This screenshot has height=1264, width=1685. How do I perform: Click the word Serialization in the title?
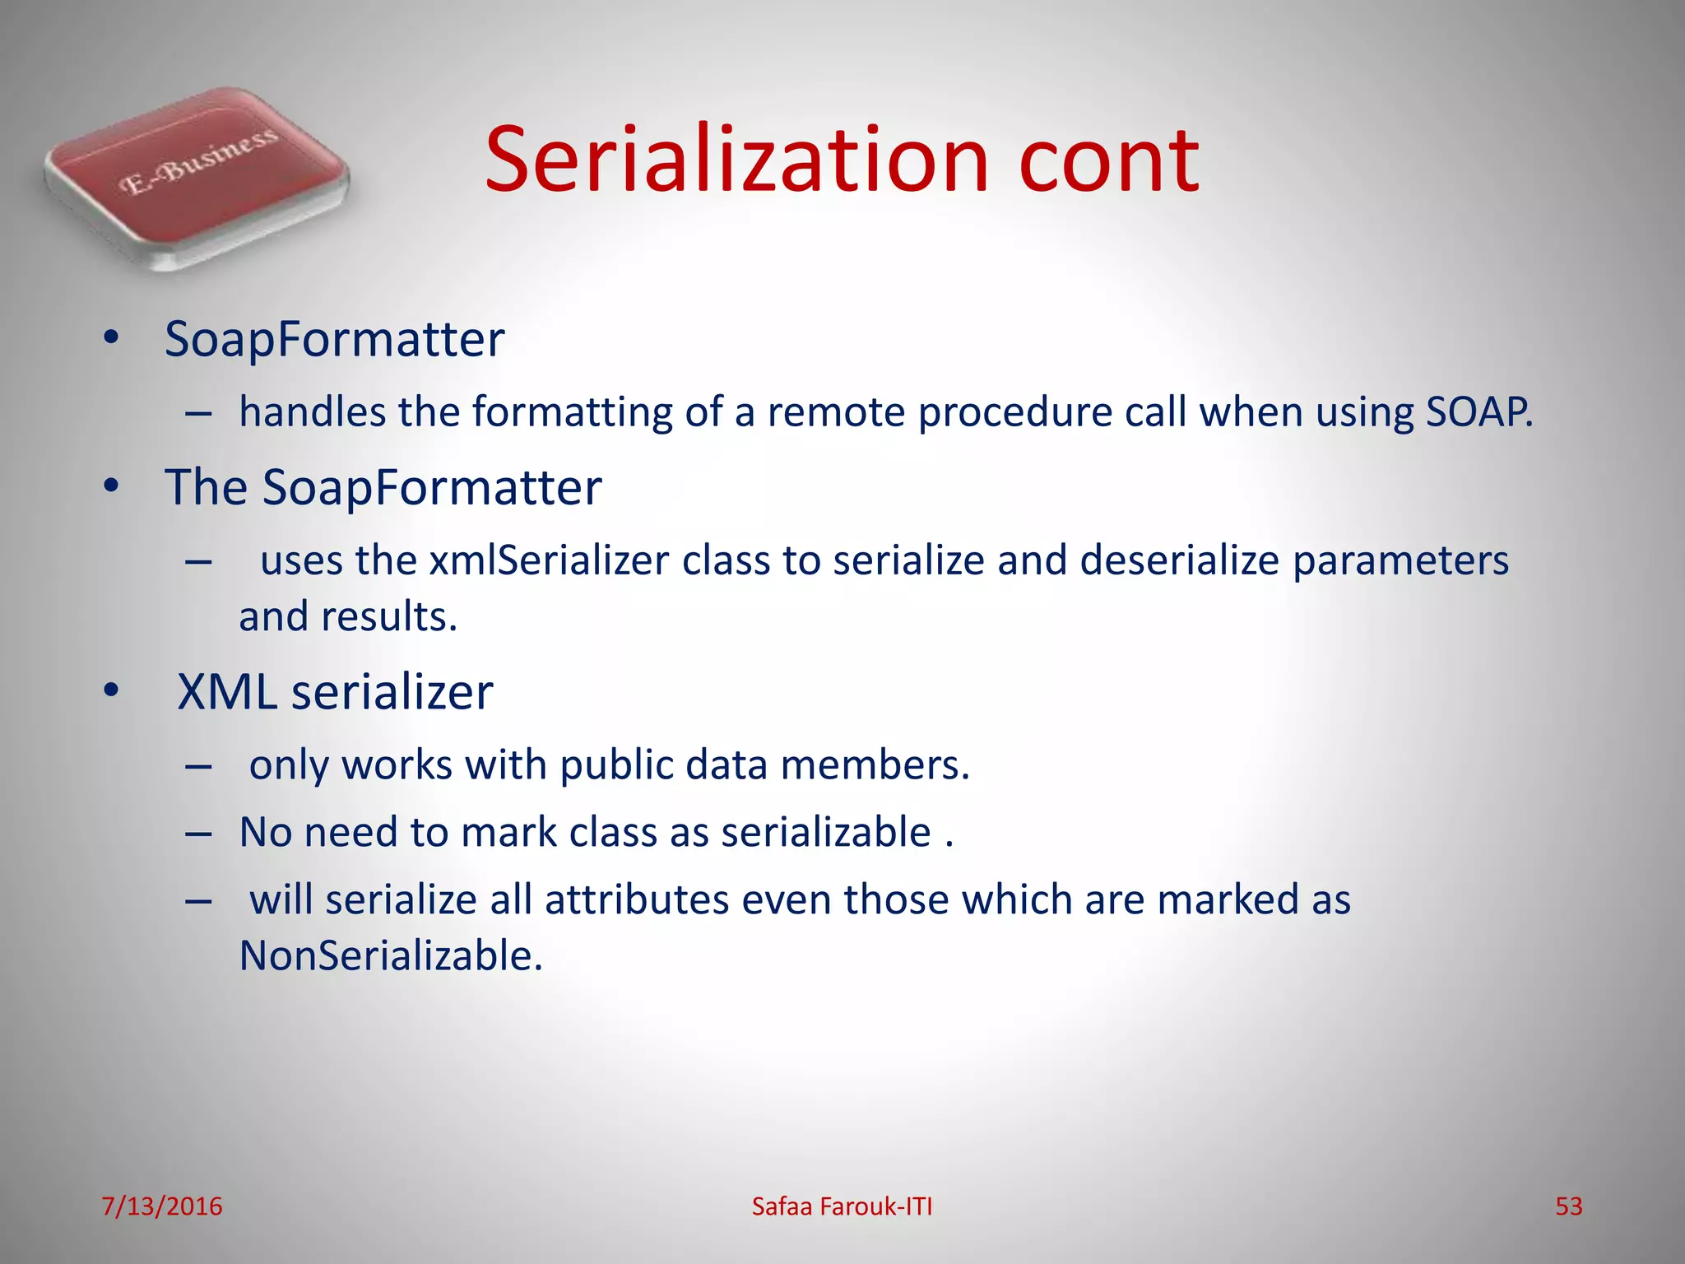tap(736, 160)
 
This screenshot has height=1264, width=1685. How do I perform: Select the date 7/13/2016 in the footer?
tap(161, 1206)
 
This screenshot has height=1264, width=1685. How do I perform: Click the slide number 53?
tap(1568, 1206)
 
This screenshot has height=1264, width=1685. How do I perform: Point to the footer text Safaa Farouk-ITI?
tap(842, 1206)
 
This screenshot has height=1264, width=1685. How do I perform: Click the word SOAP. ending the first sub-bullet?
tap(1478, 411)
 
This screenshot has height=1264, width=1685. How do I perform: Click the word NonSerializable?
tap(391, 956)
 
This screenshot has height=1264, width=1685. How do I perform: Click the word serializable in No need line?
tap(826, 832)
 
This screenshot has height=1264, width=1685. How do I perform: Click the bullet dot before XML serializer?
tap(111, 692)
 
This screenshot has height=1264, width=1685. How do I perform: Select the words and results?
tap(348, 616)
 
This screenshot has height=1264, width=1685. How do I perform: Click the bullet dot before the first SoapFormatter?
tap(111, 338)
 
